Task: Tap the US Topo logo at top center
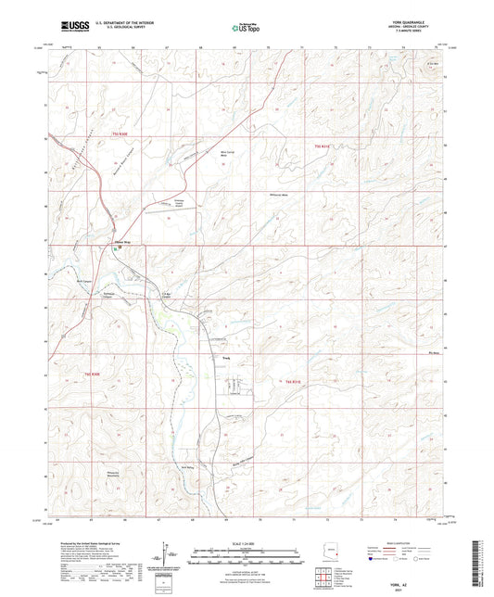point(246,29)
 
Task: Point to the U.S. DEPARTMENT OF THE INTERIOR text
point(125,24)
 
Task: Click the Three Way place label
point(120,245)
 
